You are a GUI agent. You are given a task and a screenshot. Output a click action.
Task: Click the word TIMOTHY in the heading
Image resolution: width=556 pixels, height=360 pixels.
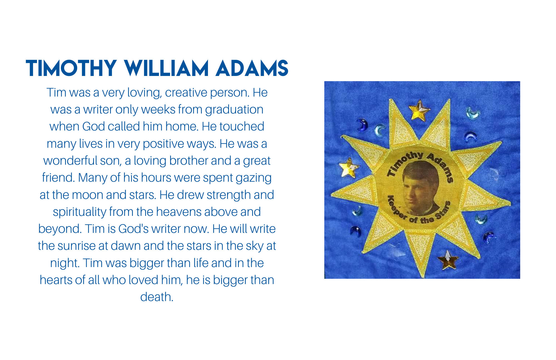71,68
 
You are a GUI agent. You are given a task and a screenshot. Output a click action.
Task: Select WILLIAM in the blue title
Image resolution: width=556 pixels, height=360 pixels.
166,68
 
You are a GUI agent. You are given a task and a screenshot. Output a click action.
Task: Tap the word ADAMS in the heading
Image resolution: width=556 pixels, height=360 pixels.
252,68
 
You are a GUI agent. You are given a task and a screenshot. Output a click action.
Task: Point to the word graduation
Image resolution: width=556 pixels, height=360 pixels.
234,110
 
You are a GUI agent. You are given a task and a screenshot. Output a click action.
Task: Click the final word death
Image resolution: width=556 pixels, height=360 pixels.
157,297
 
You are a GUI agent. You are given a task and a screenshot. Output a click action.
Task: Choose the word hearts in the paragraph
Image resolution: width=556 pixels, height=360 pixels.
56,280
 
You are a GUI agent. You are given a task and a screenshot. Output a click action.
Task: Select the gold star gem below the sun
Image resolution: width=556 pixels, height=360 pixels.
448,260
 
